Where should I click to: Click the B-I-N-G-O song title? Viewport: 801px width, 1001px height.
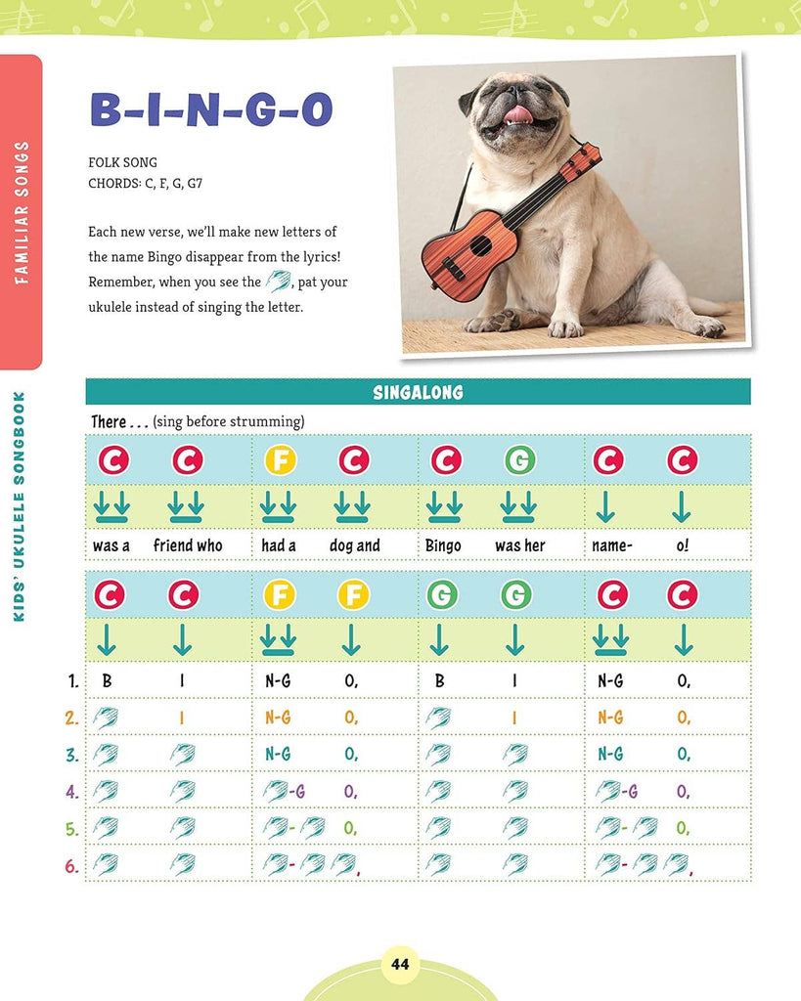[x=211, y=110]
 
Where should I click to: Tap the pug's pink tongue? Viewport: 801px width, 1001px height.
[x=517, y=115]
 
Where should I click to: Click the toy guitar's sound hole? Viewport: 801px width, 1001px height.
[x=480, y=244]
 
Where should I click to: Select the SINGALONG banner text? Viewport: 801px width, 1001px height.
[x=418, y=393]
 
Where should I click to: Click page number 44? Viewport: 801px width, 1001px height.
[x=400, y=965]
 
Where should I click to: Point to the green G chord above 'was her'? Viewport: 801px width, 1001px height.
[x=520, y=459]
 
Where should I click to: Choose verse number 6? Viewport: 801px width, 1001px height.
[x=71, y=865]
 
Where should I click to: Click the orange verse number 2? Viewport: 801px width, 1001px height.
[x=71, y=718]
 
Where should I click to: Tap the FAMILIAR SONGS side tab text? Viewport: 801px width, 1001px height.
[x=22, y=212]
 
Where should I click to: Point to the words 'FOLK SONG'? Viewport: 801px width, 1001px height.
[x=122, y=162]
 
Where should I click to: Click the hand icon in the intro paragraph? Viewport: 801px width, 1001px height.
[x=279, y=282]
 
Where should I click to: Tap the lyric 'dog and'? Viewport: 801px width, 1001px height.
[x=355, y=545]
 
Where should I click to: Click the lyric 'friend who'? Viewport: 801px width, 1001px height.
[x=188, y=545]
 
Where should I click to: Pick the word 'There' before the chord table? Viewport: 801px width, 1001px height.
[x=109, y=421]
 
